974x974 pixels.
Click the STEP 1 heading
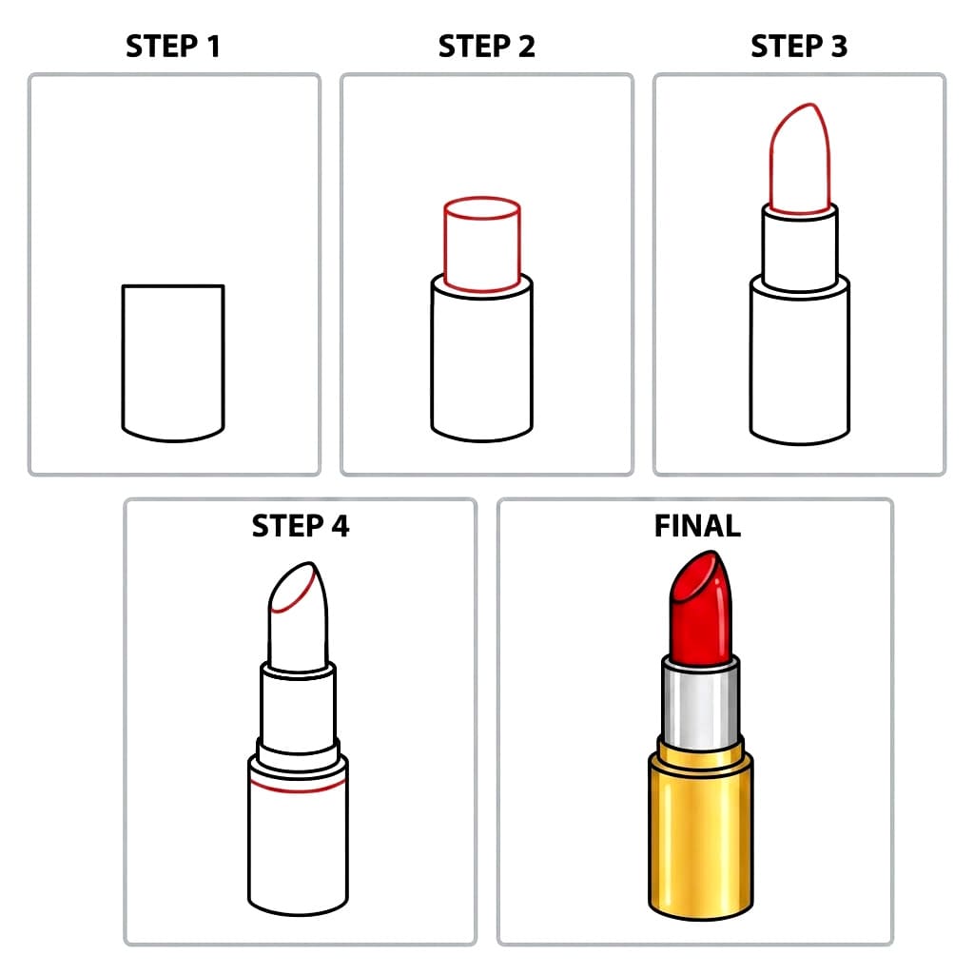pos(173,47)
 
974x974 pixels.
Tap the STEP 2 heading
pos(486,47)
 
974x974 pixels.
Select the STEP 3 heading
pos(798,47)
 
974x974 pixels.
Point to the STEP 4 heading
pos(300,526)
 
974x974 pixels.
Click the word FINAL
pos(697,526)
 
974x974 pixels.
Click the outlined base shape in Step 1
pos(173,361)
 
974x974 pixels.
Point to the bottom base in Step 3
pos(799,366)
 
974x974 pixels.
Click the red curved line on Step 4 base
pos(298,789)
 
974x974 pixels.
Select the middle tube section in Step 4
pos(298,704)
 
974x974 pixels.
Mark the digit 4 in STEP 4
pos(339,526)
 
